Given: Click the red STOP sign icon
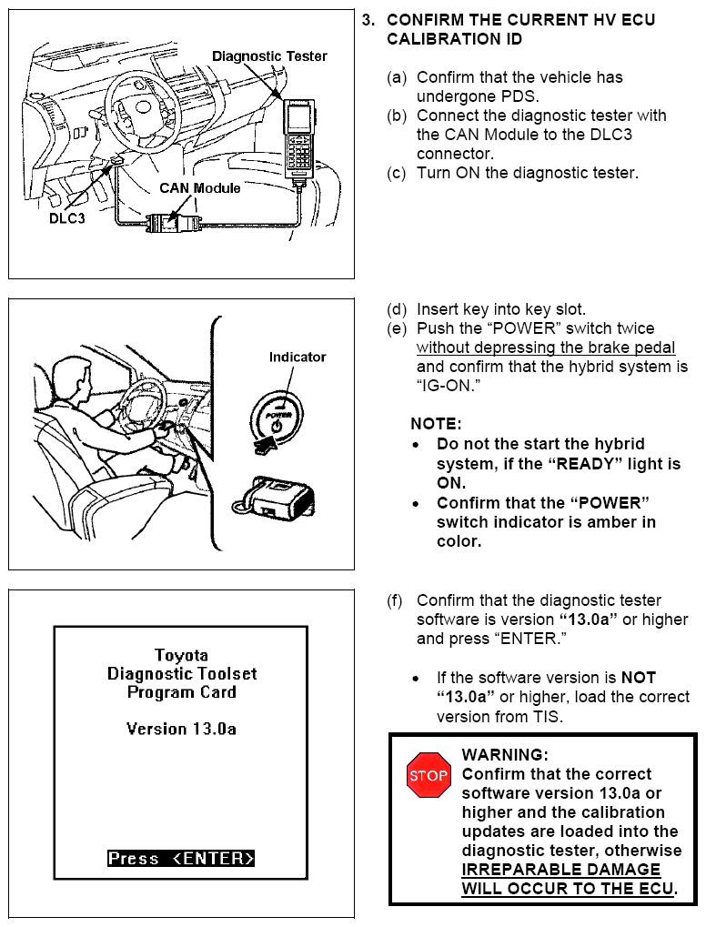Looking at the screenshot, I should pyautogui.click(x=429, y=775).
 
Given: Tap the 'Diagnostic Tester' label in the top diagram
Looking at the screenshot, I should pyautogui.click(x=269, y=56).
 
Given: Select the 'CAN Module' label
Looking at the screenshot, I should pyautogui.click(x=200, y=188).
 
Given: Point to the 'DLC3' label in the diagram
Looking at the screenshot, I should pyautogui.click(x=66, y=219).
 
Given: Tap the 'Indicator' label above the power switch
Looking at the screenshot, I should pyautogui.click(x=297, y=357).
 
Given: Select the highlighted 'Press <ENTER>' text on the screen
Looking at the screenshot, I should pyautogui.click(x=181, y=858).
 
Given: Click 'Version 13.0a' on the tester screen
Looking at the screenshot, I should pyautogui.click(x=181, y=729).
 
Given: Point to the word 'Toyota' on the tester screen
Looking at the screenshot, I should pyautogui.click(x=181, y=655).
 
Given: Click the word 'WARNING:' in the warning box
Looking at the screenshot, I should pyautogui.click(x=505, y=755).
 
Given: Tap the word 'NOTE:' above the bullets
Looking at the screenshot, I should pyautogui.click(x=436, y=424).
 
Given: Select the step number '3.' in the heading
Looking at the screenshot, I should pyautogui.click(x=368, y=20).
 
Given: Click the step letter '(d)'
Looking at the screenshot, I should pyautogui.click(x=397, y=309).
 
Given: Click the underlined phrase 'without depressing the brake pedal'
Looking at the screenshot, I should pyautogui.click(x=546, y=348).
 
